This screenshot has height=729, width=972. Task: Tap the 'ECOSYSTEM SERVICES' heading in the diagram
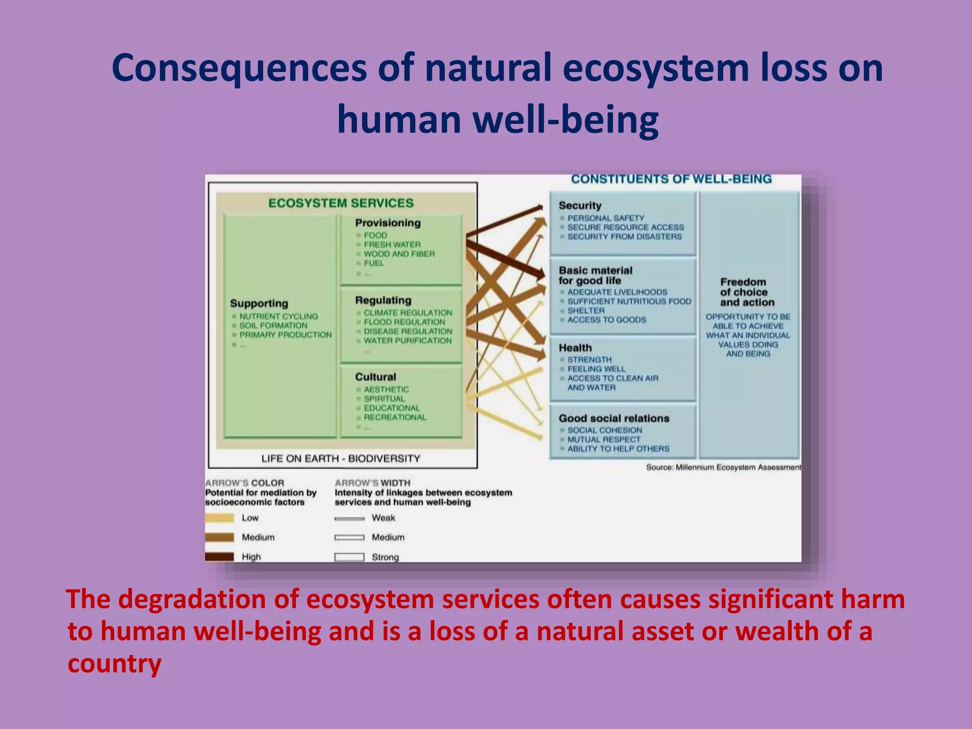point(341,203)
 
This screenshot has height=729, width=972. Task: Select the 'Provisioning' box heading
point(388,223)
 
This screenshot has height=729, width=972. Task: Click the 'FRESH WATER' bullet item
point(392,244)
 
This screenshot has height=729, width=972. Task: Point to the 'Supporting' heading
point(259,304)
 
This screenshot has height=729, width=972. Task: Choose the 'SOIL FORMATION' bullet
point(273,326)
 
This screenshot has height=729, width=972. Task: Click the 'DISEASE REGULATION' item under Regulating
point(408,331)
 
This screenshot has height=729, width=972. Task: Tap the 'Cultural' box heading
point(375,377)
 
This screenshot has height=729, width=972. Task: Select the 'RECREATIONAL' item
point(395,417)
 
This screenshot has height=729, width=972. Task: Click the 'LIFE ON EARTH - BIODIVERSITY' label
point(341,458)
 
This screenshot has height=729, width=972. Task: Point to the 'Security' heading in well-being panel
point(580,206)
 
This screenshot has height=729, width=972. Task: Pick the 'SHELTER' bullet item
point(586,310)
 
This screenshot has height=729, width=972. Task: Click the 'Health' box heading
point(575,348)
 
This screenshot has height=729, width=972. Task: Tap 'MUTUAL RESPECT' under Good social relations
point(604,439)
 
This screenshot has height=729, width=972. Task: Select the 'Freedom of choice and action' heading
point(747,292)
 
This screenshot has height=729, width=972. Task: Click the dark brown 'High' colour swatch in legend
point(219,557)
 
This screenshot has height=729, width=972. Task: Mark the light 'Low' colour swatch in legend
point(219,518)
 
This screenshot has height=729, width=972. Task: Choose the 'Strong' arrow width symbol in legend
point(349,557)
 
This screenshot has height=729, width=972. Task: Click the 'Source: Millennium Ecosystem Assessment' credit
point(723,467)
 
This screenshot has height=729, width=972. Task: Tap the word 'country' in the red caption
point(114,664)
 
